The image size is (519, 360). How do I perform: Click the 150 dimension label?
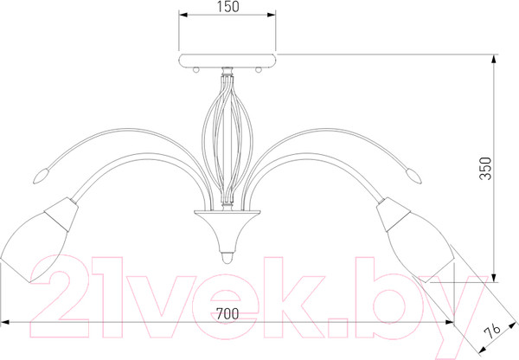(x=228, y=7)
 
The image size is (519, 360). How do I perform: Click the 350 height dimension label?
(x=485, y=169)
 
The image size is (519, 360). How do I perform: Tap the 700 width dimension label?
(x=227, y=313)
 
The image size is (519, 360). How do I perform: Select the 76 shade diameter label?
(x=492, y=331)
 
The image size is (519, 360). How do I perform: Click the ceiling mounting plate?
(x=227, y=61)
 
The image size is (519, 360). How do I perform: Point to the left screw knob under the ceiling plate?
(x=196, y=70)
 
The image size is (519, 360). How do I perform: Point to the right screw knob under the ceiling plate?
(x=259, y=70)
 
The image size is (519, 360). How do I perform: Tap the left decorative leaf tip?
(x=42, y=176)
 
